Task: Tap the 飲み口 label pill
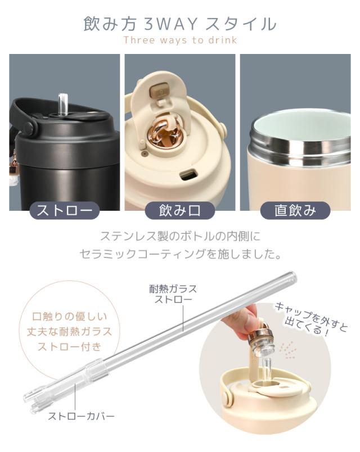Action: (x=180, y=211)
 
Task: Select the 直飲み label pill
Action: (x=295, y=211)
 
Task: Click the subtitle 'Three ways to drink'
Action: (x=180, y=40)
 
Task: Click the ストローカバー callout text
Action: (x=81, y=417)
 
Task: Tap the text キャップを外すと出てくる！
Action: (x=303, y=319)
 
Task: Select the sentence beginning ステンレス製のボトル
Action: (x=180, y=236)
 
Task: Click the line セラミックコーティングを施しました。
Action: (x=180, y=254)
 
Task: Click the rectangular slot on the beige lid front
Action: (x=188, y=174)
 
